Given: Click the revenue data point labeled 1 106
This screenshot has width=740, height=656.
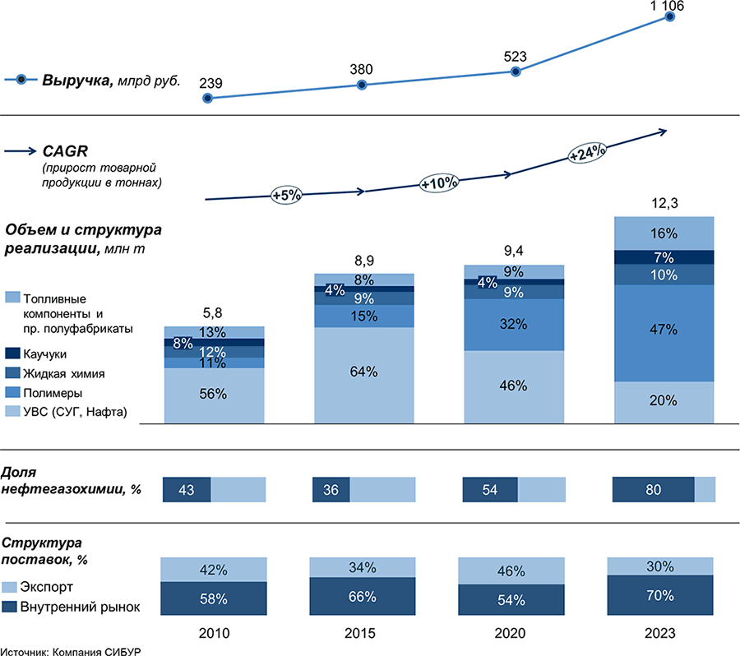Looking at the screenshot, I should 670,16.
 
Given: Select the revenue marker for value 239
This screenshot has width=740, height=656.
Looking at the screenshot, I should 207,98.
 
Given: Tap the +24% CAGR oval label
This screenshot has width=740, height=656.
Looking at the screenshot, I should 587,152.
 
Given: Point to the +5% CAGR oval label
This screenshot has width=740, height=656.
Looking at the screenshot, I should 287,195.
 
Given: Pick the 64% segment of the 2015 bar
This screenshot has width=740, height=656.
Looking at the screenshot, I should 363,372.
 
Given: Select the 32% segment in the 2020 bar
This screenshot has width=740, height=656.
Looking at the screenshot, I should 516,324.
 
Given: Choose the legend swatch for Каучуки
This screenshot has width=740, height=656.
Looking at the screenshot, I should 12,353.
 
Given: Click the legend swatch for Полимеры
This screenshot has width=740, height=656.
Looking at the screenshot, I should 12,392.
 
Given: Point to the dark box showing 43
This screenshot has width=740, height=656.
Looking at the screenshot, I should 187,489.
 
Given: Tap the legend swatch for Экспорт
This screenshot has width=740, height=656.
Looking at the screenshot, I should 12,588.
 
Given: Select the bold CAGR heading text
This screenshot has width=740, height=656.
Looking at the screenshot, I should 65,151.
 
